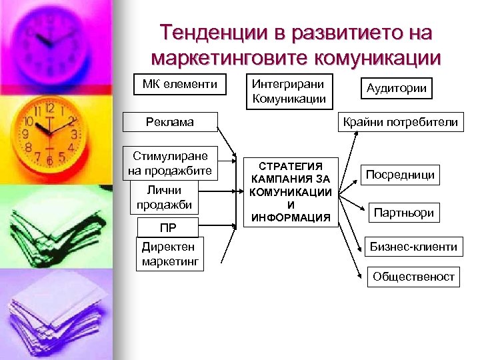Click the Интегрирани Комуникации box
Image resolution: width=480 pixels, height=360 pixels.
289,92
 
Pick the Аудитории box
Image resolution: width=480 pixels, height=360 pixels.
396,89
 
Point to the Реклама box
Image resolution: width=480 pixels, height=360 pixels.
169,121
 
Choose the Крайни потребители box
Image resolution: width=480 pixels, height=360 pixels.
400,121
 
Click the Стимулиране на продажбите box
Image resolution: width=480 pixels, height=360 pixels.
171,163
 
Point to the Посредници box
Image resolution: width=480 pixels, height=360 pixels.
400,175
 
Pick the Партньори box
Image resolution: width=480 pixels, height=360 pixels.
404,213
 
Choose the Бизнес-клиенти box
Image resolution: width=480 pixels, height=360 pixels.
413,247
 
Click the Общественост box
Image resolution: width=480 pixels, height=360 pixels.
413,276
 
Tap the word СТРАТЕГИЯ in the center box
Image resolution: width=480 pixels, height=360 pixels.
290,166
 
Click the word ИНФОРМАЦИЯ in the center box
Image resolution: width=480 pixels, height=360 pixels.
290,217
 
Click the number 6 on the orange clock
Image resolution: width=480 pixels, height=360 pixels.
50,159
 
